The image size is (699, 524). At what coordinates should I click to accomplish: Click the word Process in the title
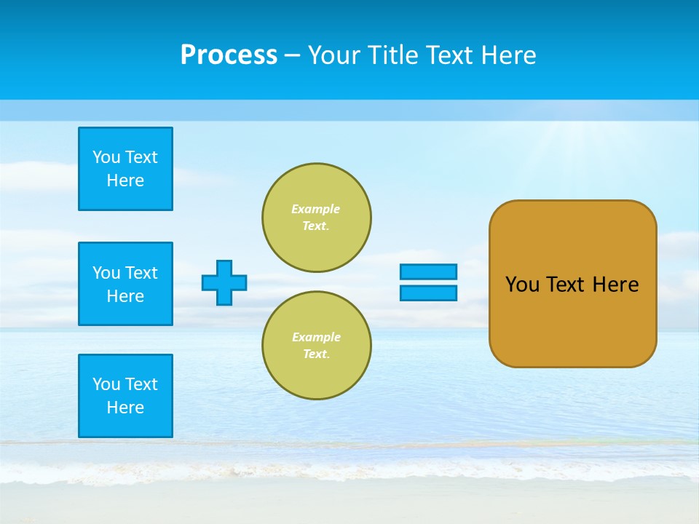coord(229,55)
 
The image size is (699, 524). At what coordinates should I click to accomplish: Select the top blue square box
coord(125,169)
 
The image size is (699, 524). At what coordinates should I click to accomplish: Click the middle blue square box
coord(125,284)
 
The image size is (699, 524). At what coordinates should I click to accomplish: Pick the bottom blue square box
coord(125,396)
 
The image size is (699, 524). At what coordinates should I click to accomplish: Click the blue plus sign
coord(224,282)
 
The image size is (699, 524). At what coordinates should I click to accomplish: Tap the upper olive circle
coord(317,218)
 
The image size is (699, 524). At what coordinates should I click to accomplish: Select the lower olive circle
coord(317,346)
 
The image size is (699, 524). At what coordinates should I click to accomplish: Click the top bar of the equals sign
coord(428,271)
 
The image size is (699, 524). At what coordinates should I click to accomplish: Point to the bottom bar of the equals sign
coord(428,293)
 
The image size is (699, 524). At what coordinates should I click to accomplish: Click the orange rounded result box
coord(572,284)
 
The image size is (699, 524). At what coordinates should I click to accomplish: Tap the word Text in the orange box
coord(566,285)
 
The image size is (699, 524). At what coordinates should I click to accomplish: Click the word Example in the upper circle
coord(316,209)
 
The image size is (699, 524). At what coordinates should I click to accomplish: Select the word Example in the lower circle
coord(316,337)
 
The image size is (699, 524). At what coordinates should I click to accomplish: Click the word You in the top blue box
coord(106,157)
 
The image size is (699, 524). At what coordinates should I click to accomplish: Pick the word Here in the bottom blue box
coord(125,408)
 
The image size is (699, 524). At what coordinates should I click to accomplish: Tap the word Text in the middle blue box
coord(141,273)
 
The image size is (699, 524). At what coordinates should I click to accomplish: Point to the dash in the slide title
coord(292,56)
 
